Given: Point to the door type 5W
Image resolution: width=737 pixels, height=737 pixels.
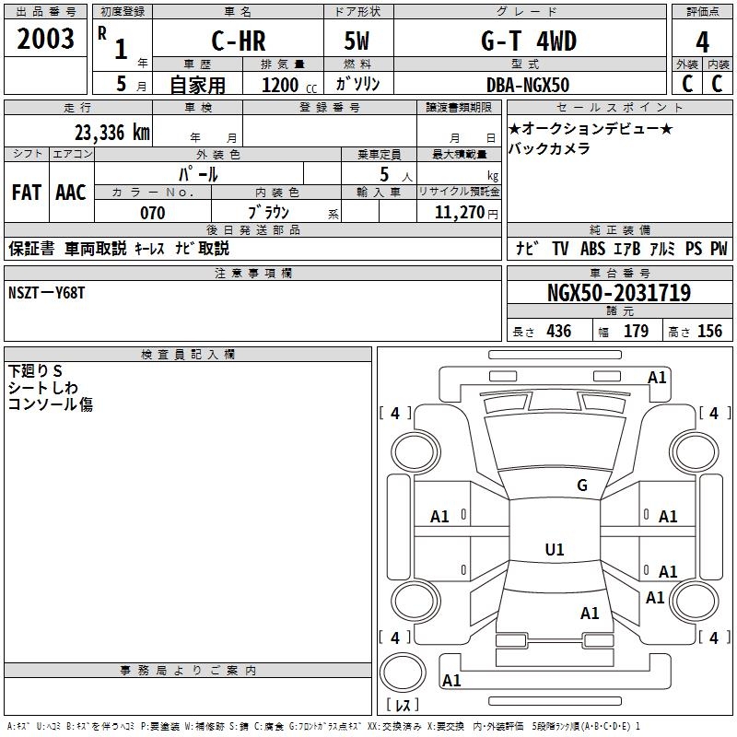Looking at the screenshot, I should coord(358,41).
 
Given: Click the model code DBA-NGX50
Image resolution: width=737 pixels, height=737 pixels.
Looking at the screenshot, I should coord(527,84).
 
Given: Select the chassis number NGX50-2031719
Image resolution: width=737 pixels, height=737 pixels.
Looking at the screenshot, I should coord(619,293).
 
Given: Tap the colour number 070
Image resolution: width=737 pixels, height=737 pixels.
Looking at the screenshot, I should coord(152,213).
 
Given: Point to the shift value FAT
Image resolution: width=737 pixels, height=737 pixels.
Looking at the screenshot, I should coord(27,193).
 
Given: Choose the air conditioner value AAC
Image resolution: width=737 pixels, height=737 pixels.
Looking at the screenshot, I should coord(70,193).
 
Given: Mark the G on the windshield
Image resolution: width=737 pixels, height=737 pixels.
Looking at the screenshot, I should coord(581,485).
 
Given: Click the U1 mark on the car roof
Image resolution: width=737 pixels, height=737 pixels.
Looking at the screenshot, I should coord(554,549).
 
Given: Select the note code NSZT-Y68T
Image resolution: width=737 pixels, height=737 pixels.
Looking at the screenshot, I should coord(46,292).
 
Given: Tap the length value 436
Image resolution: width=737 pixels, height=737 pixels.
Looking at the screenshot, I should coord(558,331).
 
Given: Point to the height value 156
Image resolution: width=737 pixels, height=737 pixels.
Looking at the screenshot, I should coord(708,331).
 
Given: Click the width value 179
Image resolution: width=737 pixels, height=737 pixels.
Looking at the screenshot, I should coord(636,331).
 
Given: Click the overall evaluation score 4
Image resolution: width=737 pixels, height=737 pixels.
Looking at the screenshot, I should coord(702,41).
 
